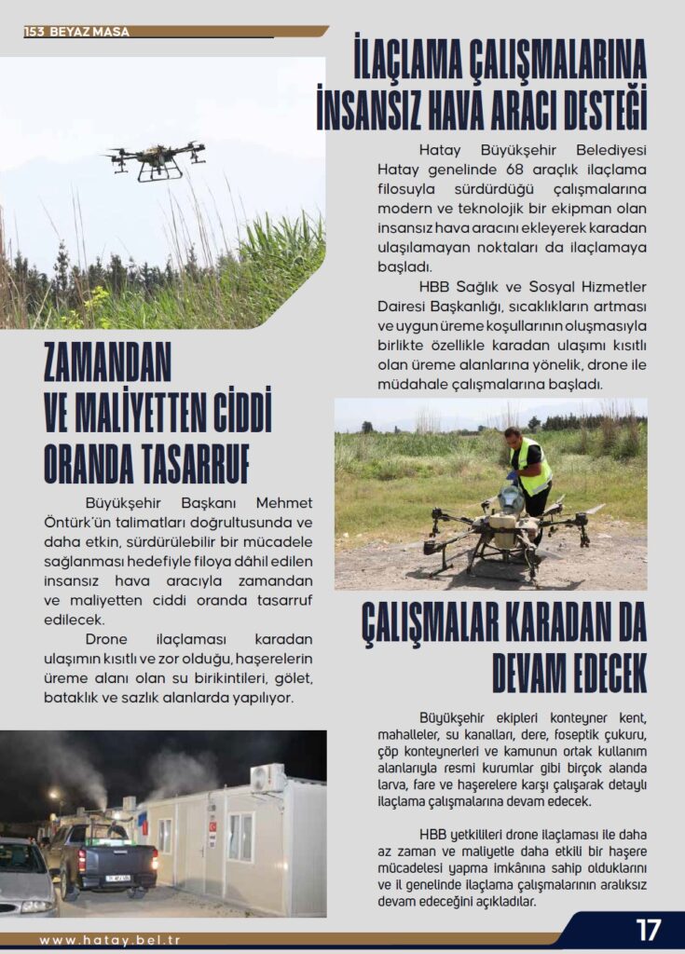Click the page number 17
tap(648, 930)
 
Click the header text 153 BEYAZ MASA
tap(77, 32)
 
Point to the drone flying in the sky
tap(156, 160)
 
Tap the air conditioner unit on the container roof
tap(267, 778)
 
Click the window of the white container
tap(240, 836)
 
